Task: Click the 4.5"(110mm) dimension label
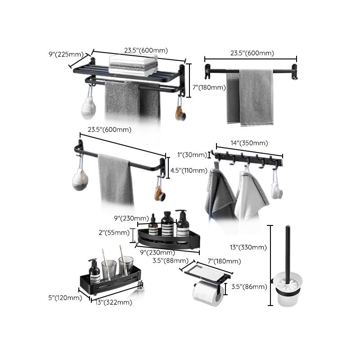point(188,171)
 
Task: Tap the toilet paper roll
point(208,294)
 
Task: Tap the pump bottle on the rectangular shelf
point(94,273)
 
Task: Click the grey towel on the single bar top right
point(255,96)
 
